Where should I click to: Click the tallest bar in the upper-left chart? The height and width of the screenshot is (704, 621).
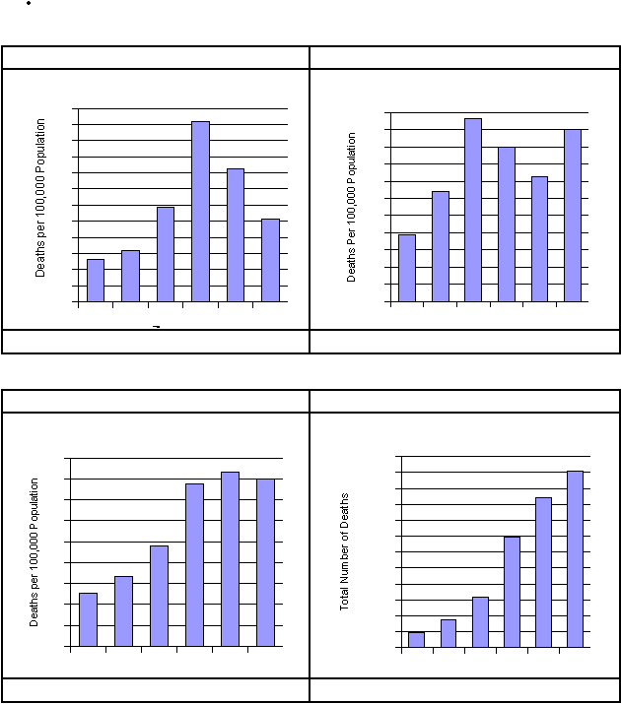click(x=200, y=211)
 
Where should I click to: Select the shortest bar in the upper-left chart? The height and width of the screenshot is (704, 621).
click(x=96, y=281)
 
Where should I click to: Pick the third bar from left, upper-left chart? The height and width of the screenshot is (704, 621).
click(x=166, y=254)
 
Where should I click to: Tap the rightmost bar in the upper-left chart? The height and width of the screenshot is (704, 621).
click(x=270, y=260)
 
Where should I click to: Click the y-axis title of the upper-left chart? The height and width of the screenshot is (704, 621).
click(x=41, y=197)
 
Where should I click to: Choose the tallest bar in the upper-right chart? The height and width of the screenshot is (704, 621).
click(x=473, y=210)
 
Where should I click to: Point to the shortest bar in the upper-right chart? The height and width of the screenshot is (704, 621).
click(x=406, y=268)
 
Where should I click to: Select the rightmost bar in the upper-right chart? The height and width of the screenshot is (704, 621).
click(x=573, y=215)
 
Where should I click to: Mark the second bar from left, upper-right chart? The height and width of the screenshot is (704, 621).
click(x=440, y=246)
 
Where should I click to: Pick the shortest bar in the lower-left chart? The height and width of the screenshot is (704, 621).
click(x=88, y=619)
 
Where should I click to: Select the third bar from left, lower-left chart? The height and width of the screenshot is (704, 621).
click(x=159, y=596)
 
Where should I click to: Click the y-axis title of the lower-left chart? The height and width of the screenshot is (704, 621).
click(x=34, y=552)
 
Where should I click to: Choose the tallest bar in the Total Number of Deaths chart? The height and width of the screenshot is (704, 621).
click(x=575, y=559)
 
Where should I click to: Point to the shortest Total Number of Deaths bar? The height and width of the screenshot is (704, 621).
click(x=416, y=640)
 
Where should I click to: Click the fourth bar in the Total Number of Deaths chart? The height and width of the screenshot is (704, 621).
click(x=512, y=592)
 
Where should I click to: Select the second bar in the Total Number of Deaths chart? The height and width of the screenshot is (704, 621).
click(x=448, y=633)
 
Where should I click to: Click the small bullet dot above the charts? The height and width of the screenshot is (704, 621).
click(x=30, y=4)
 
